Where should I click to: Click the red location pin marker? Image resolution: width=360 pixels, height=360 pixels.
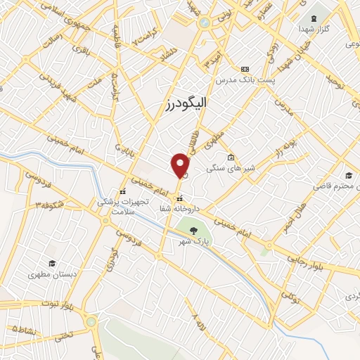(181, 165)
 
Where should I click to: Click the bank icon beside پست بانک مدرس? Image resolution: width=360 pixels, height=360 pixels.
(245, 69)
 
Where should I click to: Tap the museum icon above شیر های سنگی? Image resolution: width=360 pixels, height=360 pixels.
(231, 157)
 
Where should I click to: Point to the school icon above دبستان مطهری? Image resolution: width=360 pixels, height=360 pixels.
(51, 262)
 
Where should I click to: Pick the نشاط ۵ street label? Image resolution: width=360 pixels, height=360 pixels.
(24, 329)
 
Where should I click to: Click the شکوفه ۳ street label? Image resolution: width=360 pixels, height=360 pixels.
(47, 204)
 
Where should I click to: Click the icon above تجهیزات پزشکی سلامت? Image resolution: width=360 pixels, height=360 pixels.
(122, 191)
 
